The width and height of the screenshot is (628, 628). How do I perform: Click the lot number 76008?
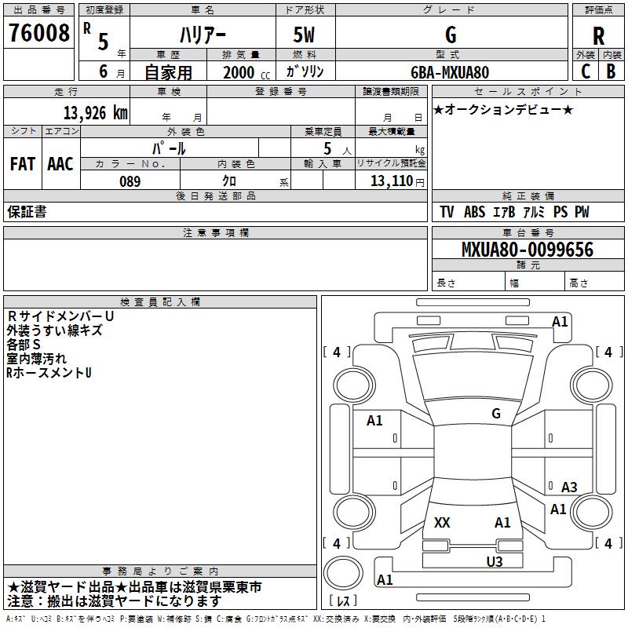coord(38,33)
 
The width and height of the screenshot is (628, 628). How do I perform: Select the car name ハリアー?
coord(203,35)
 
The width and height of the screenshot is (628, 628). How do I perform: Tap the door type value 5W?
coord(304,35)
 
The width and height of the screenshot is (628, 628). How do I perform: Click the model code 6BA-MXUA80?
coord(450,72)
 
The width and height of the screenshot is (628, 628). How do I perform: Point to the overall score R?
coord(598,36)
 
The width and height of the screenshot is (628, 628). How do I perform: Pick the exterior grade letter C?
coord(586,71)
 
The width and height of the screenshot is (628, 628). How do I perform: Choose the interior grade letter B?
coord(612,71)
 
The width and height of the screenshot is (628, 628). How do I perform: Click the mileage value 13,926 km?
coord(96,113)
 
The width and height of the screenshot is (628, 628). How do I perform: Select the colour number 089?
coord(130,181)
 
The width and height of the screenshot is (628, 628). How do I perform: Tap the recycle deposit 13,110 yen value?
coord(397,181)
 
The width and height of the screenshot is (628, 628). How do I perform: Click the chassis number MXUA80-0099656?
coord(528,250)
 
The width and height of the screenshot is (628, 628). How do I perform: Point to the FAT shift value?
coord(23,164)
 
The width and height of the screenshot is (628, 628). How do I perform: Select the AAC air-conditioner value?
coord(60,164)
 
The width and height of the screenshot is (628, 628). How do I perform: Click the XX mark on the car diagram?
coord(442,523)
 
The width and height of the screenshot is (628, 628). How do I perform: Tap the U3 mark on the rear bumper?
coord(495,561)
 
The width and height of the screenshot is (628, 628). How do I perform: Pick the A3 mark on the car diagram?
coord(569,487)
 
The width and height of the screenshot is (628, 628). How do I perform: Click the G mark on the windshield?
coord(496,413)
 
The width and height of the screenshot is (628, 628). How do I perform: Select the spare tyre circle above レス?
coord(343,573)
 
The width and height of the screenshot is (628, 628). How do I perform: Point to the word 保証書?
coord(27,212)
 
